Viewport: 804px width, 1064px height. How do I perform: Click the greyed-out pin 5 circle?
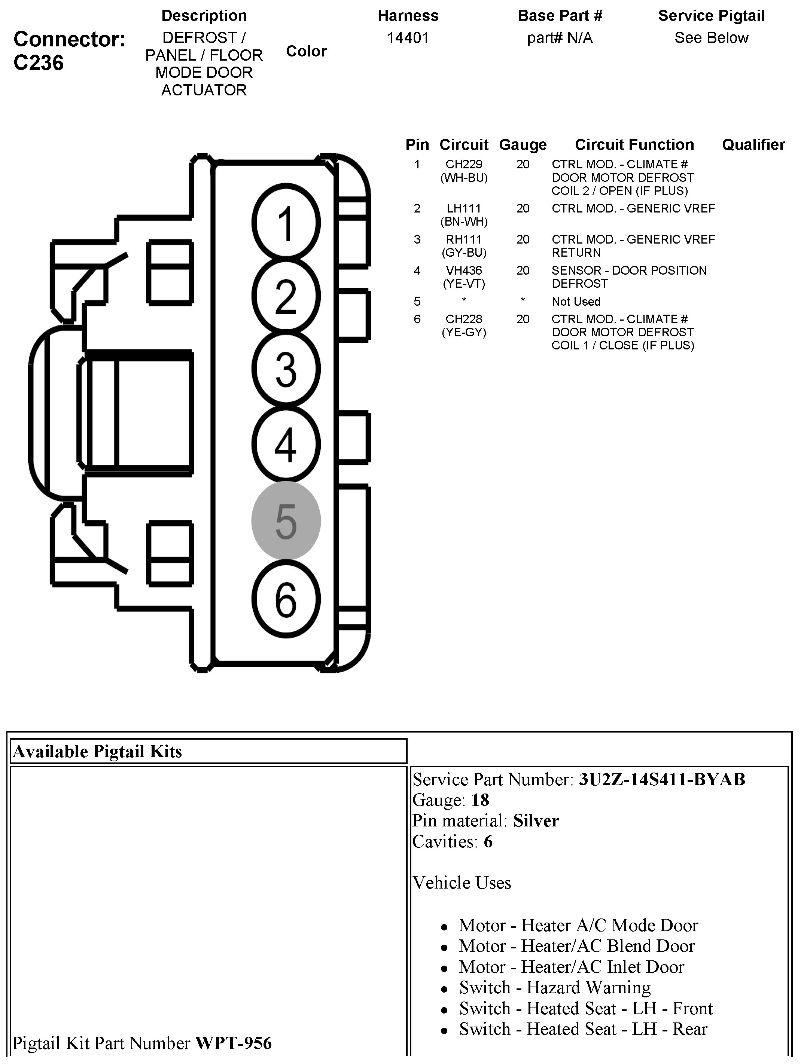(286, 521)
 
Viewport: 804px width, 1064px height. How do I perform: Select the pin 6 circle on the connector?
(286, 600)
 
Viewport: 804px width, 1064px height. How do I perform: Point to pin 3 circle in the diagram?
(286, 369)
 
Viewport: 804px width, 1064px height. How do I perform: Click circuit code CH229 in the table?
(464, 165)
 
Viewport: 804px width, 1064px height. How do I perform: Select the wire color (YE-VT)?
(464, 284)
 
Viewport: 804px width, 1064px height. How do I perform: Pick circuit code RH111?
(464, 239)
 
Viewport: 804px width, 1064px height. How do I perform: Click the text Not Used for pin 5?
(576, 302)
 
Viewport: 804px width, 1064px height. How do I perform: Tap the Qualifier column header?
(753, 145)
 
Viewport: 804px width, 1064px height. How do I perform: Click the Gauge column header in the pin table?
(523, 145)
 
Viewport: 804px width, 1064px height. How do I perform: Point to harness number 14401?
(408, 38)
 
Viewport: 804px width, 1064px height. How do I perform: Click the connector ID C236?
(39, 63)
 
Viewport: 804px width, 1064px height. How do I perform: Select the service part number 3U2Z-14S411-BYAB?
(662, 780)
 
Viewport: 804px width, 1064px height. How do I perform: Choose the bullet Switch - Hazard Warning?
(555, 988)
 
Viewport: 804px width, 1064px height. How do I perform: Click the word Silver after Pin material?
(536, 821)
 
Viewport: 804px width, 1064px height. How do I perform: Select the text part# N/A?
(560, 38)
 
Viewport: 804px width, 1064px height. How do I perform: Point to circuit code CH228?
(464, 319)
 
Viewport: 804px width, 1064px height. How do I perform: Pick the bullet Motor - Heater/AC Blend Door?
(576, 946)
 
